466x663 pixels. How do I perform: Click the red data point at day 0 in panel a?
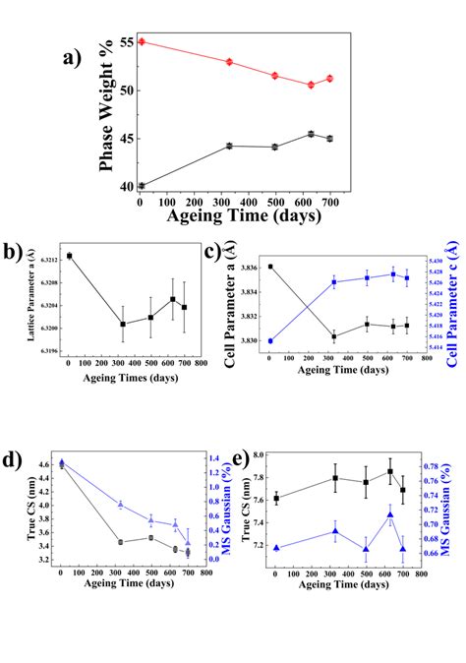coord(142,41)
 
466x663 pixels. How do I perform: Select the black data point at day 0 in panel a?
coord(142,185)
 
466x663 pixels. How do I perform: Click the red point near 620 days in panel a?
coord(311,85)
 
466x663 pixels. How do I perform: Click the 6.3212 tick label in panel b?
coord(44,259)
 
